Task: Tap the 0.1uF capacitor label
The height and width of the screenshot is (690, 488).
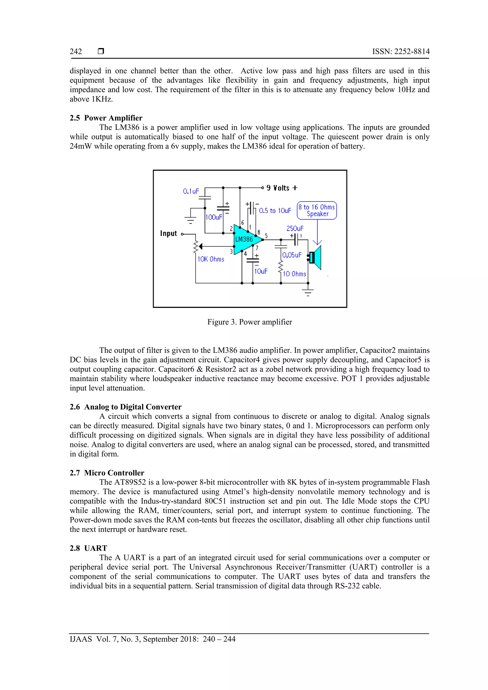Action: click(x=191, y=191)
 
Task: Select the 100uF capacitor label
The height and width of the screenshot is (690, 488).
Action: click(x=214, y=217)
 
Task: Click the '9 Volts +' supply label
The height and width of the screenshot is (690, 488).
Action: click(x=282, y=188)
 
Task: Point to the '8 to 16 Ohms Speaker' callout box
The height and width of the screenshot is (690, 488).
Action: click(x=317, y=210)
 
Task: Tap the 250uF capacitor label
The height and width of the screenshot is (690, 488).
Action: click(x=295, y=228)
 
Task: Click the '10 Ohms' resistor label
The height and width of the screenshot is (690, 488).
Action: click(x=295, y=274)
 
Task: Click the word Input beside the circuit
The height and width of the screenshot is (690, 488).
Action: click(x=168, y=233)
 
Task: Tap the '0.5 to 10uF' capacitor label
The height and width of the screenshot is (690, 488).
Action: click(x=275, y=211)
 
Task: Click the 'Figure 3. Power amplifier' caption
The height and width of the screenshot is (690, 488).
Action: click(x=249, y=322)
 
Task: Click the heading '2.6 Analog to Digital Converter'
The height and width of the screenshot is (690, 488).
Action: click(x=126, y=407)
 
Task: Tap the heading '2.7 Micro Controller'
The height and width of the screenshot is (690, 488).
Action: click(x=107, y=473)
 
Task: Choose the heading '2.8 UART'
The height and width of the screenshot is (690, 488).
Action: click(x=88, y=548)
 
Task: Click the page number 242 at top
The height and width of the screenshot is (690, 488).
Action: click(x=76, y=52)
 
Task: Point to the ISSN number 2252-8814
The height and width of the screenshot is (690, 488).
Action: click(x=412, y=52)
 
